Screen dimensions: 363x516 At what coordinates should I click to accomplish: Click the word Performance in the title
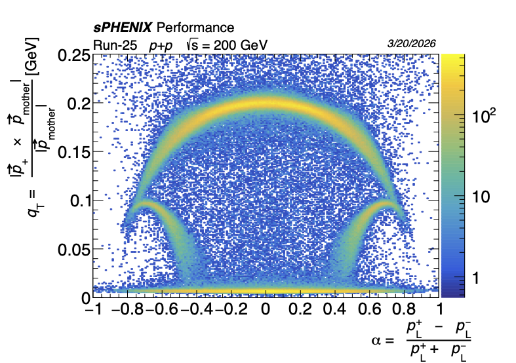click(195, 28)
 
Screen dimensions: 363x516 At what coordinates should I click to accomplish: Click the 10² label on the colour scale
click(486, 117)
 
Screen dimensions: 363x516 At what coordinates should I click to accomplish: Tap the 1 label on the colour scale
click(477, 278)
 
